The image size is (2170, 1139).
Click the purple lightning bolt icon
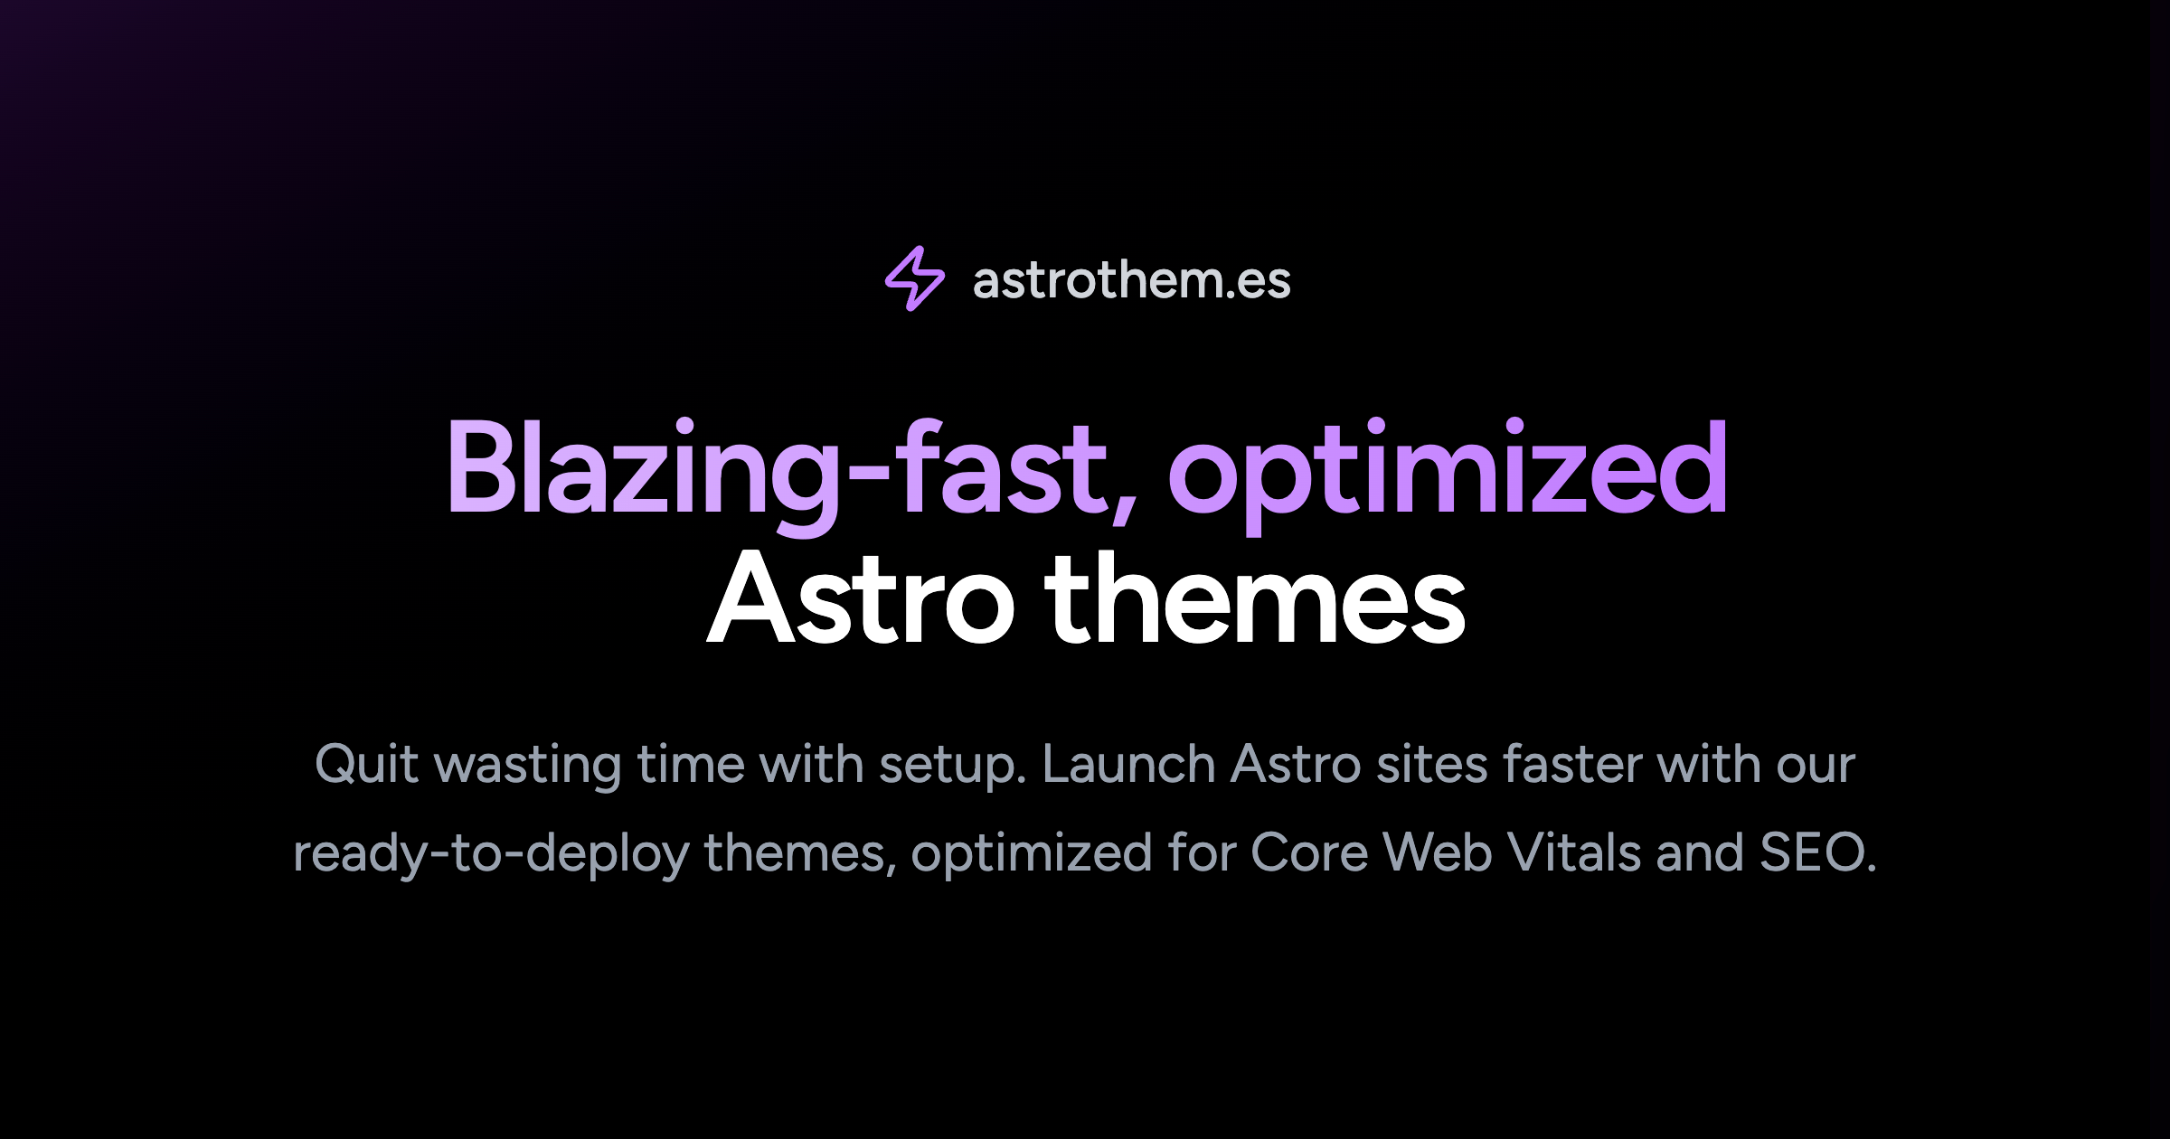click(x=914, y=278)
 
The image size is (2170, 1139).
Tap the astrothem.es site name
click(x=1131, y=280)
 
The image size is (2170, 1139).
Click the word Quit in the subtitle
click(x=366, y=765)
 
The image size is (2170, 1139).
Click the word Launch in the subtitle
click(x=1128, y=765)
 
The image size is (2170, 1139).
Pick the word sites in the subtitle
click(x=1431, y=765)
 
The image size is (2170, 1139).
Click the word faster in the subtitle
click(x=1572, y=765)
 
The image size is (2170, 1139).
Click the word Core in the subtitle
click(x=1308, y=852)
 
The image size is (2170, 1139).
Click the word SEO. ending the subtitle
click(x=1817, y=852)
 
